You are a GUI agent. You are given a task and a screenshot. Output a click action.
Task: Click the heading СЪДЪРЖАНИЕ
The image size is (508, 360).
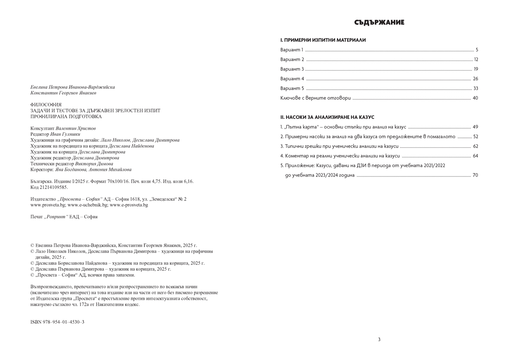pos(379,23)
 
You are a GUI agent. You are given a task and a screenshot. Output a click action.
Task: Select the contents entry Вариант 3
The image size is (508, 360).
pos(292,69)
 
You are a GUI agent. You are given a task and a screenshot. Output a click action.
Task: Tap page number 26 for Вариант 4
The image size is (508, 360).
pos(475,79)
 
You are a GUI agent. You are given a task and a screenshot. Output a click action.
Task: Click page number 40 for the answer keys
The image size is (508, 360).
pos(475,98)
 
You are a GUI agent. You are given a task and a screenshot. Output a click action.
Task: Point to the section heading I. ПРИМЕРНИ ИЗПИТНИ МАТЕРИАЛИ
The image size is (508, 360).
pos(323,40)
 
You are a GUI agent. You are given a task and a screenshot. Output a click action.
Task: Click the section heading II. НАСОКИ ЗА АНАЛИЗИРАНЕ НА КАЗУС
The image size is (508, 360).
pos(327,117)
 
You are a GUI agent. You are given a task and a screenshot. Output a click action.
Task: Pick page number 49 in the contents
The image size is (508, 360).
pos(475,127)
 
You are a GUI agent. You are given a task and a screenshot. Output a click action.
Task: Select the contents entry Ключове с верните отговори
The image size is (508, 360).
pos(316,98)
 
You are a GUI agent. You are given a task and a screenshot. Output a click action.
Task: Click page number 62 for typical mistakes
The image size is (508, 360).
pos(475,146)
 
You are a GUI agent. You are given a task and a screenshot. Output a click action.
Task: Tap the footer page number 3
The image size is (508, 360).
pos(379,339)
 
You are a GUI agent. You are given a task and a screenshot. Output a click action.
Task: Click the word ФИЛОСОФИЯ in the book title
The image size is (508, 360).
pos(46,104)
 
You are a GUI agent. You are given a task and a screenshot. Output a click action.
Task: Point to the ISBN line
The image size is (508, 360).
pos(58,322)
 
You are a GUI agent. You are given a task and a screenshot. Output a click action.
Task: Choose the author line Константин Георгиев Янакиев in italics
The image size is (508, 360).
pos(63,93)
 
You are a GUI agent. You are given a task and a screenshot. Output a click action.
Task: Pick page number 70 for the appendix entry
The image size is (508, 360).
pos(475,175)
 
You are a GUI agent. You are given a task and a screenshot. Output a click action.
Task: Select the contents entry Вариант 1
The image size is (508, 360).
pos(292,50)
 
